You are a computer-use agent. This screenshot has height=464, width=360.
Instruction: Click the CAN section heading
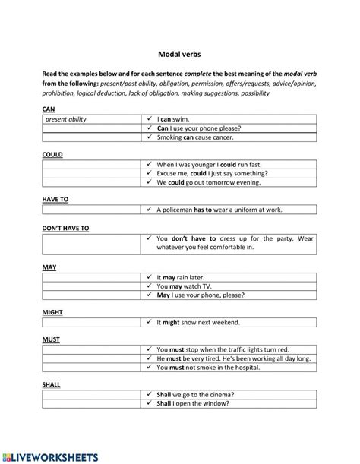click(x=49, y=109)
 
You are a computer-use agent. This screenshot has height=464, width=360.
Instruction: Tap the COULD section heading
click(x=53, y=154)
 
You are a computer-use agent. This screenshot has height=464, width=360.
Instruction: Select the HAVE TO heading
click(x=55, y=199)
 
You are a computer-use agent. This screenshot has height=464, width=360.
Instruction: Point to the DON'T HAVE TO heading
click(x=65, y=227)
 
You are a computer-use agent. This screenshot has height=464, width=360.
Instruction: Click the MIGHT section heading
click(x=53, y=312)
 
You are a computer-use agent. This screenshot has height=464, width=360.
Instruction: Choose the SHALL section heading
click(x=52, y=384)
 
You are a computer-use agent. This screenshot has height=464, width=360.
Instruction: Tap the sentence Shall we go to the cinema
click(x=195, y=394)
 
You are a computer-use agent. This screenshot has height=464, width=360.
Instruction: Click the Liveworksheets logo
click(x=57, y=456)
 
